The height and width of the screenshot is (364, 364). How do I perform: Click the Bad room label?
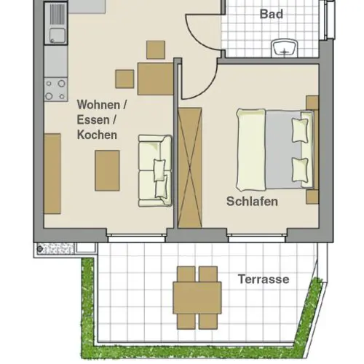click(272, 14)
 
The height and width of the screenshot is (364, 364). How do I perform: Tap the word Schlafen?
click(252, 202)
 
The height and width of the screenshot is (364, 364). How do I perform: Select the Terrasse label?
click(264, 279)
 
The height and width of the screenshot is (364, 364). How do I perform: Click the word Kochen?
click(97, 135)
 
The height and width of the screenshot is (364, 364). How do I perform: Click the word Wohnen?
click(98, 105)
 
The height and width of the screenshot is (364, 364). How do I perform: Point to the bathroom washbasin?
click(285, 48)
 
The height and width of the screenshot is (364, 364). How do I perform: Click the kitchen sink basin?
click(58, 36)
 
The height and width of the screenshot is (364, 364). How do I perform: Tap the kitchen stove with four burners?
click(56, 90)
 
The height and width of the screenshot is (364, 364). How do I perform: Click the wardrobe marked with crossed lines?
click(190, 168)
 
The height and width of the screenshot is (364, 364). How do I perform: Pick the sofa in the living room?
click(155, 171)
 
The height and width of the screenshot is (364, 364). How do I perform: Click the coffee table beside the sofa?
click(107, 170)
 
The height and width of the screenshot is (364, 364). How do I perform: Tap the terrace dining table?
click(197, 298)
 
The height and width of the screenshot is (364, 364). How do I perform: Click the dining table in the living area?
click(156, 79)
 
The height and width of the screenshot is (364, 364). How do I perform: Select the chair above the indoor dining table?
click(156, 50)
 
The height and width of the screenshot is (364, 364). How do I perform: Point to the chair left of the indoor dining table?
click(124, 79)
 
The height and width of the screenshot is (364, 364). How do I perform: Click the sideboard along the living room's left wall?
click(52, 173)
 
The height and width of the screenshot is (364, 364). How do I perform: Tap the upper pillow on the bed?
click(300, 130)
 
